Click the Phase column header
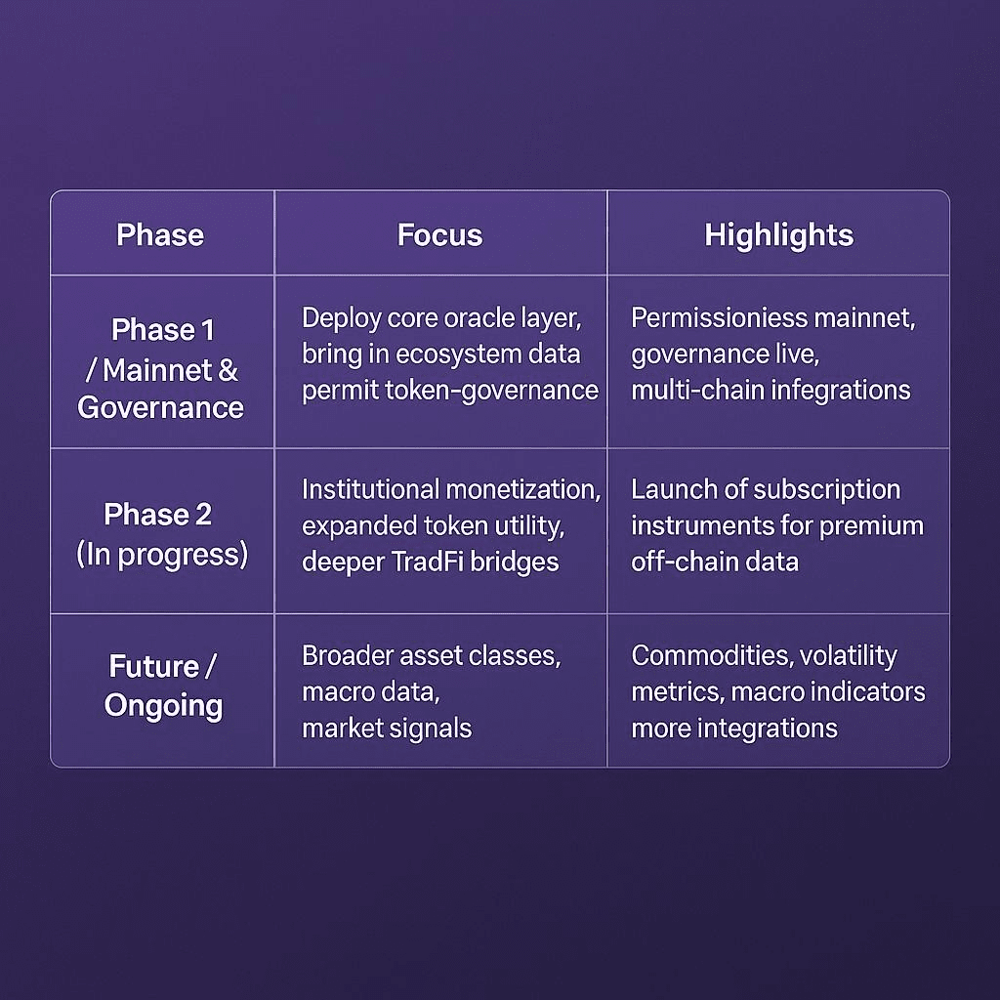(160, 235)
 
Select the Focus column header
(439, 235)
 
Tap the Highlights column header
(778, 235)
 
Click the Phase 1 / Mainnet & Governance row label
(161, 369)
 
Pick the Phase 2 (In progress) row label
(161, 533)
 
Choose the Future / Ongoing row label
(163, 686)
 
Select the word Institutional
(370, 488)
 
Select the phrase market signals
(387, 728)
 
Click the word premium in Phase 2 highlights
(871, 525)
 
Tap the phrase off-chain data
(715, 562)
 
